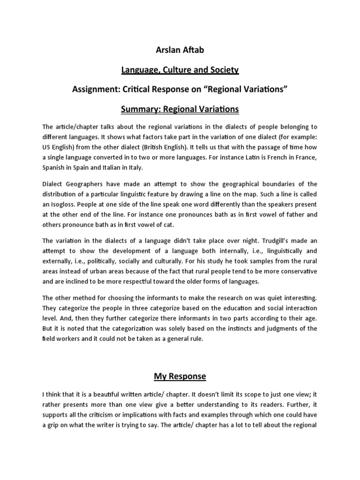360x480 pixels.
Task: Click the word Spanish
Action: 54,168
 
